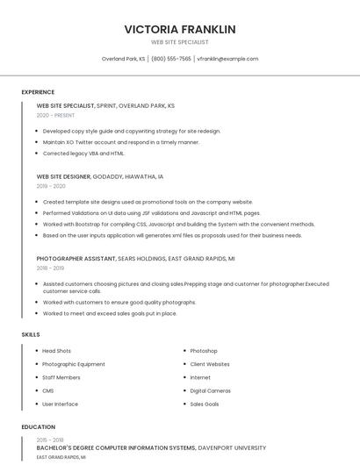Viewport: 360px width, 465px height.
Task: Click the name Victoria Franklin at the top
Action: (180, 29)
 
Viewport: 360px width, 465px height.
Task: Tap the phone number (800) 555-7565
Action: (170, 59)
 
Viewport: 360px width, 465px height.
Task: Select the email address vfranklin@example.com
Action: (227, 59)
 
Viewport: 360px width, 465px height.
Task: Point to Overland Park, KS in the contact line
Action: (123, 59)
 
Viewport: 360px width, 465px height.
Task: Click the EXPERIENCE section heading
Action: (38, 92)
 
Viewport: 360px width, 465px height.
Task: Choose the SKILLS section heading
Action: (31, 334)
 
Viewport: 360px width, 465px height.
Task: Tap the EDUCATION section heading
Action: (39, 427)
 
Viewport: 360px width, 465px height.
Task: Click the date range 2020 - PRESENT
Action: (55, 115)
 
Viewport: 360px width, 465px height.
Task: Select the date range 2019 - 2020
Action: (51, 186)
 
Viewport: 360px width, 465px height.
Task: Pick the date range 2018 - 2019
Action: (51, 268)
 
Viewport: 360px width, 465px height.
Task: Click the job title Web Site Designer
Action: (63, 176)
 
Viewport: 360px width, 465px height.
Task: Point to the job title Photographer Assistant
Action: (76, 259)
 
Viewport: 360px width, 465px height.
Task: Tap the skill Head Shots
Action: (56, 351)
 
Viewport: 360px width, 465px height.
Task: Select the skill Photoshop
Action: (204, 351)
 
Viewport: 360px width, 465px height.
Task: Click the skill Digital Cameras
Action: (210, 390)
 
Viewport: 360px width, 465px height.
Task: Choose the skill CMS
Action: (48, 390)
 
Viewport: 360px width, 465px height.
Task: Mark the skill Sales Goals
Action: (205, 404)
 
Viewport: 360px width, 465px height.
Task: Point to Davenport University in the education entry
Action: (232, 447)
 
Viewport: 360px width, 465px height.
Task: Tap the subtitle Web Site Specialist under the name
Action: (180, 42)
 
